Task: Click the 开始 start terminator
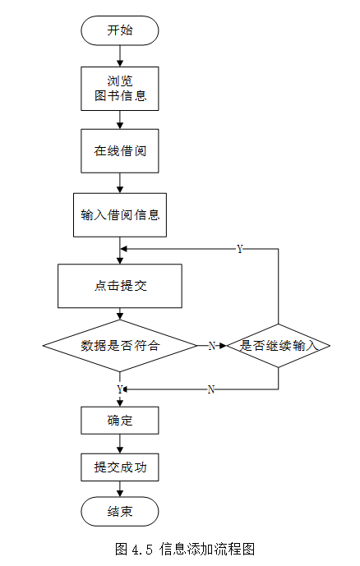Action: [119, 30]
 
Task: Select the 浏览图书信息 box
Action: [119, 89]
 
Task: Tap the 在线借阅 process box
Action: [119, 151]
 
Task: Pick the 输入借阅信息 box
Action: [120, 214]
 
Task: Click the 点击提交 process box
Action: [120, 286]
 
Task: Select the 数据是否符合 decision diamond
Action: [120, 346]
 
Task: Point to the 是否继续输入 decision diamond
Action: [279, 346]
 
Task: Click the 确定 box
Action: [119, 421]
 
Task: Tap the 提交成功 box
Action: [119, 467]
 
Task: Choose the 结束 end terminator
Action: [119, 512]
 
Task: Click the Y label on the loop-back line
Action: [240, 249]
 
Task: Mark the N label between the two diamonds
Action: [212, 346]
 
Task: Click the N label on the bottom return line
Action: [211, 389]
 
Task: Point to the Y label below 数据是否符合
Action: [120, 389]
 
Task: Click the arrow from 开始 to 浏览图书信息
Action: [120, 56]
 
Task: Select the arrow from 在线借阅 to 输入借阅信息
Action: [120, 183]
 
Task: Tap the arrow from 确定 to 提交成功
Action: [120, 444]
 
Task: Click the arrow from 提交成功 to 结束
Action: [120, 489]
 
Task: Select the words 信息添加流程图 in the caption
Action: [207, 549]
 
